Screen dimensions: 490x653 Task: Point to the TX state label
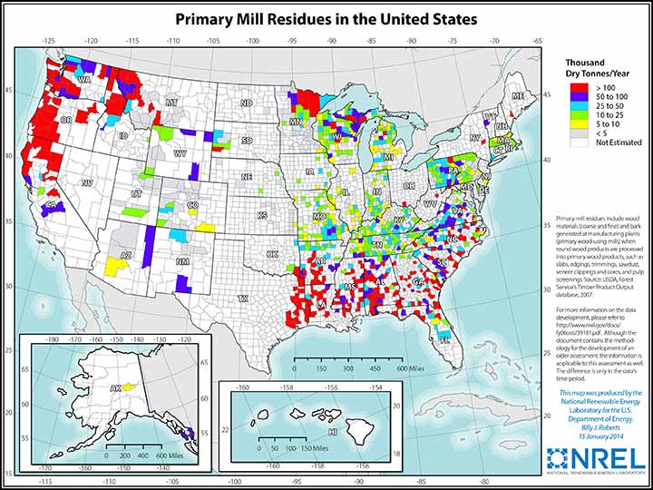click(x=242, y=298)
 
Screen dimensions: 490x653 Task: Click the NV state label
click(x=87, y=182)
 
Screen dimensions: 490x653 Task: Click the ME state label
click(x=518, y=95)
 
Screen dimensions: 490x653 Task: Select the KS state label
click(x=262, y=215)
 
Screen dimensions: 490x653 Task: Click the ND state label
click(x=245, y=103)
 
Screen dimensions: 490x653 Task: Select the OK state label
click(x=272, y=254)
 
